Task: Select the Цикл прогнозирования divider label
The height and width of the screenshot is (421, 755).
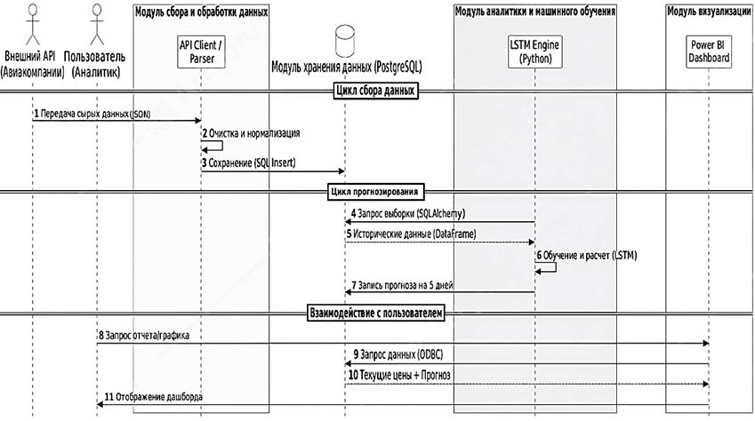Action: coord(376,191)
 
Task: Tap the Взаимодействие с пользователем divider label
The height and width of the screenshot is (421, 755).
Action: coord(375,313)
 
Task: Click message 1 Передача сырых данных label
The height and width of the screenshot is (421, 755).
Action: coord(85,115)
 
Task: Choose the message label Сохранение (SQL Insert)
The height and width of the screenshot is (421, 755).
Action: coord(250,163)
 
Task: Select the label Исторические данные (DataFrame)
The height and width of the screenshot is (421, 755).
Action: coord(412,234)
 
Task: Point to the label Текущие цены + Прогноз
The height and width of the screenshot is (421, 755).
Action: coord(403,375)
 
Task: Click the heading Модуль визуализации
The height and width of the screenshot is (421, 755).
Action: coord(709,12)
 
